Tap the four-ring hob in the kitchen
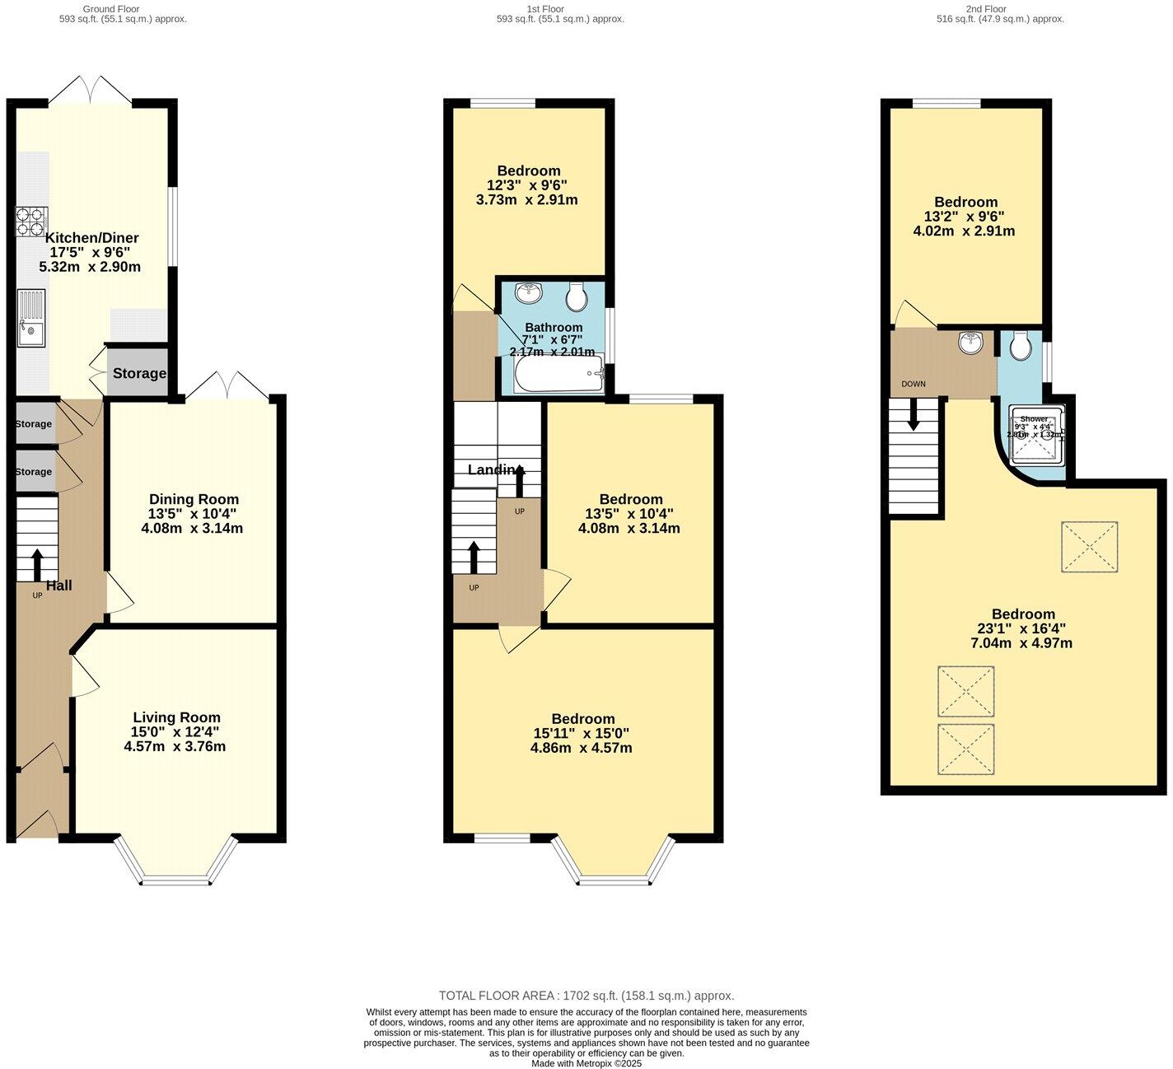tap(30, 221)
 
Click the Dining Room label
tap(194, 499)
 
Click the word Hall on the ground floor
tap(58, 586)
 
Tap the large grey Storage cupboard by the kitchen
tap(138, 373)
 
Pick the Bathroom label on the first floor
tap(554, 327)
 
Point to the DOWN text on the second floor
tap(914, 384)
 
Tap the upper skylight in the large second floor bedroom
tap(1089, 546)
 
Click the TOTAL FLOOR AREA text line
tap(586, 995)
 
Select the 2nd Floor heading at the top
tap(986, 9)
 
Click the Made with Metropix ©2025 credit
tap(586, 1063)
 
